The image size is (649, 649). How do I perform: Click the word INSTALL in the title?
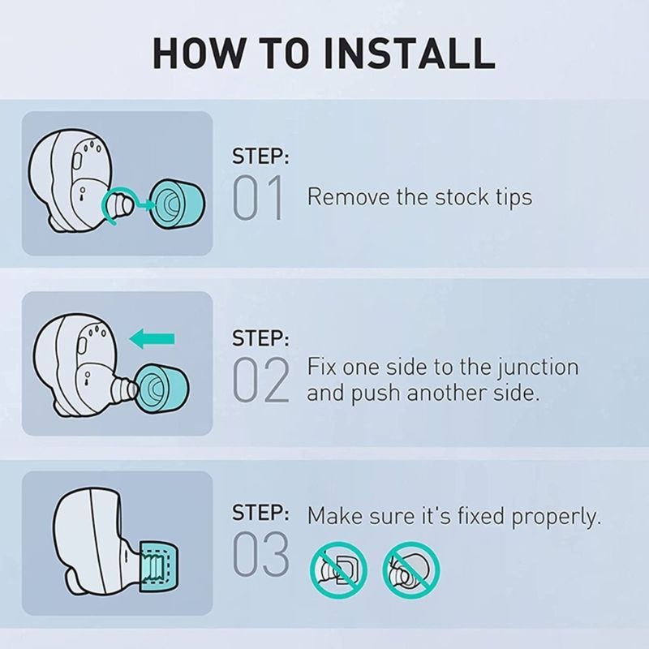tap(410, 54)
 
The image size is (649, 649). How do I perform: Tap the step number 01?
tap(258, 197)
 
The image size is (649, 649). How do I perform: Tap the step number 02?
tap(260, 380)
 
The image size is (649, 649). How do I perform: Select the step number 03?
tap(260, 554)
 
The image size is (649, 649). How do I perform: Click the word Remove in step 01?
tap(348, 196)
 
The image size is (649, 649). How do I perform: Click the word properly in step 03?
tap(557, 518)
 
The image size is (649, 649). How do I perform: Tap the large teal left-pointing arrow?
tap(152, 339)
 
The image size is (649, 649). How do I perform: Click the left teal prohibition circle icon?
tap(338, 570)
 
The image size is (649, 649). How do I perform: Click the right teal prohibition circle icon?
tap(411, 570)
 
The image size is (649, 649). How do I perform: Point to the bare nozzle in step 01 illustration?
tap(118, 204)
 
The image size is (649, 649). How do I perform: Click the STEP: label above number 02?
tap(260, 338)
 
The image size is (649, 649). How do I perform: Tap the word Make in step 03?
tap(335, 517)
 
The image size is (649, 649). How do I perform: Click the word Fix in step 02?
tap(321, 367)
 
